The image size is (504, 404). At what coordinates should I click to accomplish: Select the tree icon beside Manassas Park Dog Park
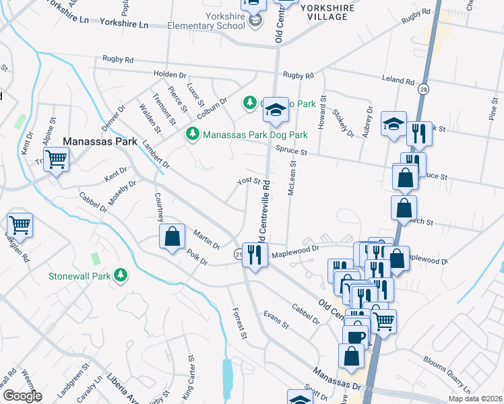click(193, 134)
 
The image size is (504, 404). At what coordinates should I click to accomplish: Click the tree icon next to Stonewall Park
click(121, 275)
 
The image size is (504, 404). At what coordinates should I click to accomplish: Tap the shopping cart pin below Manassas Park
click(57, 160)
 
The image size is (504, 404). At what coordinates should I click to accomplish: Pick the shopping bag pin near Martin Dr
click(172, 236)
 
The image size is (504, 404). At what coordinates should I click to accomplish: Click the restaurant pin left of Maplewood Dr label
click(255, 255)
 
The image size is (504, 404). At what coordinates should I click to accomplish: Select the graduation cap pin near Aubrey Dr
click(393, 125)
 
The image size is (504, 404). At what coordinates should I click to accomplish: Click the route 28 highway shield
click(422, 89)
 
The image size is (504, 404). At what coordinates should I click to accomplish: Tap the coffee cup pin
click(355, 335)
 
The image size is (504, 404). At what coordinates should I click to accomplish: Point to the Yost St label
click(248, 181)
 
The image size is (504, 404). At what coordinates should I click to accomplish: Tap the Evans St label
click(276, 319)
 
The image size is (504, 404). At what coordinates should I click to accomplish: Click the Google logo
click(22, 396)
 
